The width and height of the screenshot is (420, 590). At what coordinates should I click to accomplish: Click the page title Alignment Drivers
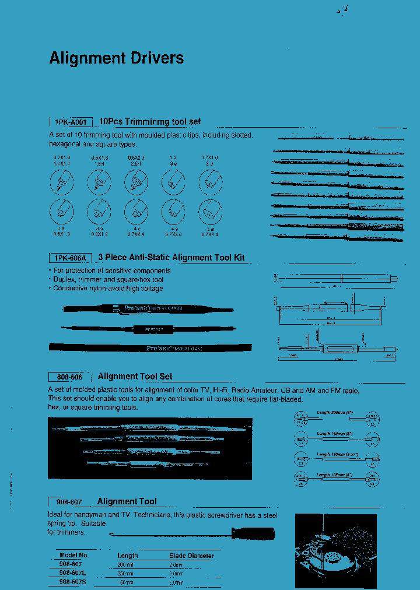(116, 58)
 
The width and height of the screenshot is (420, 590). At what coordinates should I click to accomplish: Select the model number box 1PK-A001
(71, 122)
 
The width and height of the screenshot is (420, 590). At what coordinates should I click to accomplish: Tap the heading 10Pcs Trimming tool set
(150, 121)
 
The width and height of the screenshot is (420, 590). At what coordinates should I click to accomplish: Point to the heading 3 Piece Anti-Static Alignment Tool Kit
(171, 258)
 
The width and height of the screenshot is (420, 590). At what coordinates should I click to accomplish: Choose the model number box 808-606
(69, 377)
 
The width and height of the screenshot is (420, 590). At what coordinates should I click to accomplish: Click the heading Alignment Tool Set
(135, 377)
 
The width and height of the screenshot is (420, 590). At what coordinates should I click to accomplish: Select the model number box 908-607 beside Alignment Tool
(69, 502)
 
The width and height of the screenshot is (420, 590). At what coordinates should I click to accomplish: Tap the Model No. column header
(74, 556)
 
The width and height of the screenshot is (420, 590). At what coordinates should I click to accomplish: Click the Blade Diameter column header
(191, 556)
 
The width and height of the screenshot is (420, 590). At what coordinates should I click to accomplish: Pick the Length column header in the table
(127, 556)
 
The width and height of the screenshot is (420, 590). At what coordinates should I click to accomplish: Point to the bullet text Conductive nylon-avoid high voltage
(108, 289)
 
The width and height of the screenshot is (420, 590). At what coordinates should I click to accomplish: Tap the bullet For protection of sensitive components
(111, 271)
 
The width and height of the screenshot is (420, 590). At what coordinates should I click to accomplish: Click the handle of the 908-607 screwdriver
(254, 533)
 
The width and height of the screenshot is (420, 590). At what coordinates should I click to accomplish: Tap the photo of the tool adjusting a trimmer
(335, 551)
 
